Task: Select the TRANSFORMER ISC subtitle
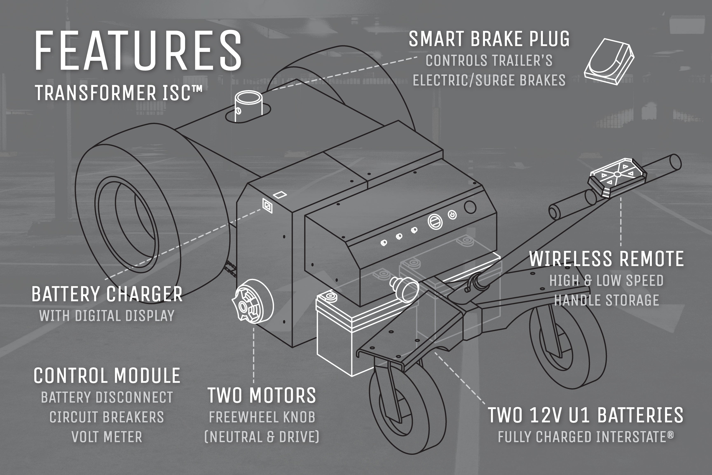point(118,93)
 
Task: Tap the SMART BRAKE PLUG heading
point(489,39)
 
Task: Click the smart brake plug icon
point(609,62)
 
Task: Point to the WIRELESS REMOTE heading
point(606,259)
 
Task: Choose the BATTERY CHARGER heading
point(107,294)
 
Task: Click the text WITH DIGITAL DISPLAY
point(107,316)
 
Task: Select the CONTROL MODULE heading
point(107,376)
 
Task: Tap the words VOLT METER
point(107,437)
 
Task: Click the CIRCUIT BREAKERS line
point(107,417)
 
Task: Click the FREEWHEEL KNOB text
point(262,417)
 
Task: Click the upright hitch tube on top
point(249,106)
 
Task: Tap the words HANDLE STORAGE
point(607,300)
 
